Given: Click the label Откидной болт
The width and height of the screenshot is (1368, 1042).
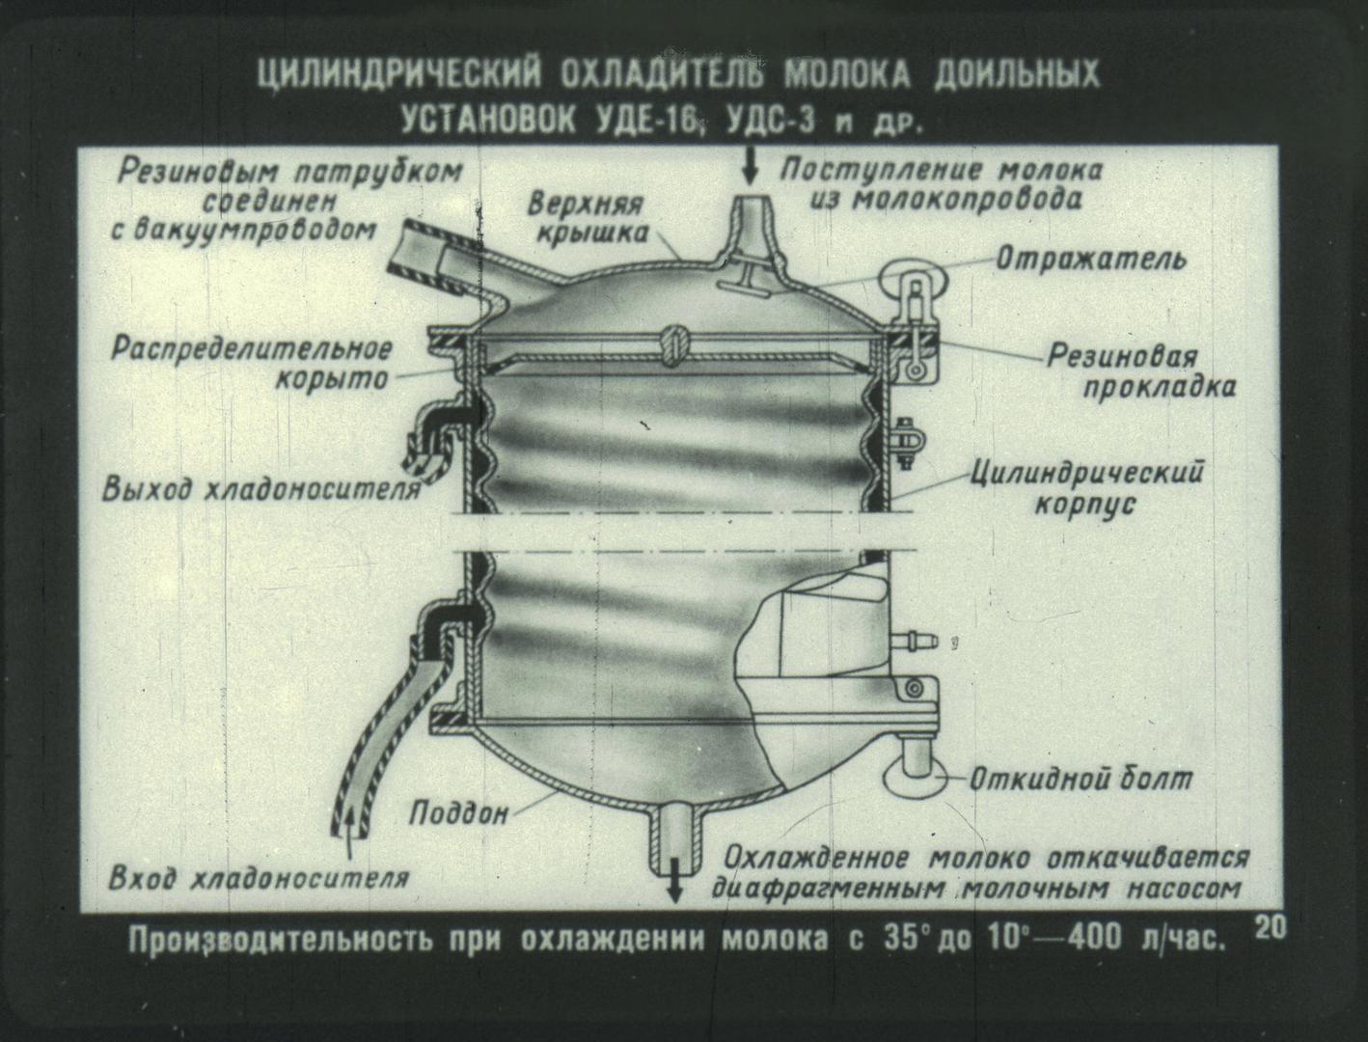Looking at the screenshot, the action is click(1081, 779).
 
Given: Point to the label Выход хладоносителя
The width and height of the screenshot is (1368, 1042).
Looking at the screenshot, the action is click(261, 490).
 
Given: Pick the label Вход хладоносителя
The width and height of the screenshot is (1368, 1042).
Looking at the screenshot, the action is click(259, 878).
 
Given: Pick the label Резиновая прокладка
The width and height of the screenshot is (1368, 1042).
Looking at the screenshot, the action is click(1140, 372).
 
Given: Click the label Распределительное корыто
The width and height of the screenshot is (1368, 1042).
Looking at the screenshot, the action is click(252, 364).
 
